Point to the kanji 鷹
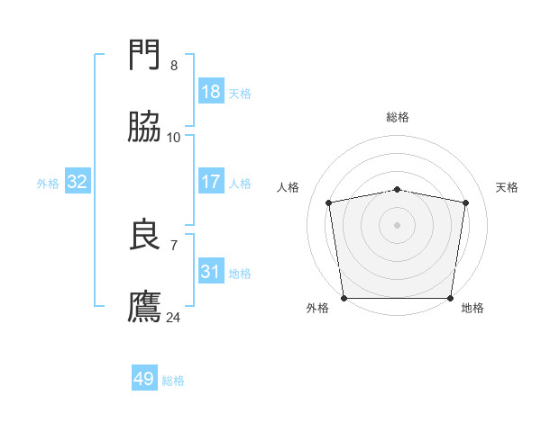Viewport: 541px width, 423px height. [x=146, y=306]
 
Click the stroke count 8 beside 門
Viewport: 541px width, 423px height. [x=174, y=66]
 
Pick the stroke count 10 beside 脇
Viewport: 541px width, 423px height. [x=174, y=137]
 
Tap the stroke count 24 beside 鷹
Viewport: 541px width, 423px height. [x=174, y=317]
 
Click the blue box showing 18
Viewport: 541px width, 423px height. [x=210, y=92]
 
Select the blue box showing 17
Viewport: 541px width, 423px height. [x=210, y=182]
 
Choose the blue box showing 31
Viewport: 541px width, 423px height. [x=210, y=272]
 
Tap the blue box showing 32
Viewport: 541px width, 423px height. [x=78, y=182]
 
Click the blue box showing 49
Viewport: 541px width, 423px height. [x=144, y=379]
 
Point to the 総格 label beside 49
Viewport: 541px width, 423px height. [x=173, y=381]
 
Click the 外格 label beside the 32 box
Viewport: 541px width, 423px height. [x=48, y=184]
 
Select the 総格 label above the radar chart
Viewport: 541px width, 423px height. [x=398, y=117]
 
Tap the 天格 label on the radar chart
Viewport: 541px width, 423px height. [x=508, y=187]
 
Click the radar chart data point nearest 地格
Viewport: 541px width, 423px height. [x=451, y=298]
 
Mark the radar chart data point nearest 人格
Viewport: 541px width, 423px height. [x=330, y=202]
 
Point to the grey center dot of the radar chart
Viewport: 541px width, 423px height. [x=398, y=224]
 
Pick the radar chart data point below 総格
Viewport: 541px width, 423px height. [x=398, y=189]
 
